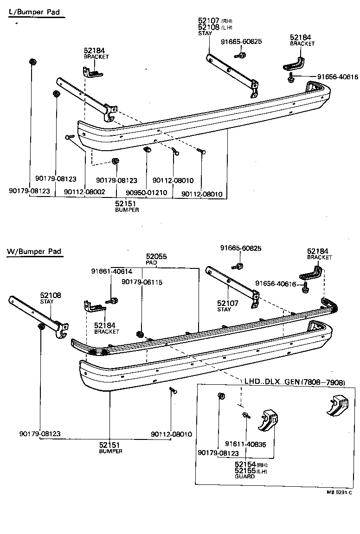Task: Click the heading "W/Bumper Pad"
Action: click(34, 252)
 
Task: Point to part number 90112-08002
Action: click(84, 191)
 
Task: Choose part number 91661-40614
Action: click(111, 272)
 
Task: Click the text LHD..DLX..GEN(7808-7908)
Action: click(295, 382)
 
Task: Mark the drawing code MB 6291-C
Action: click(340, 493)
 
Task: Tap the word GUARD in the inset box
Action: click(244, 476)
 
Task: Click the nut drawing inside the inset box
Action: click(221, 396)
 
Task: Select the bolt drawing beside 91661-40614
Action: click(112, 301)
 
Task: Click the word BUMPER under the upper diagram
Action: click(127, 210)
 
